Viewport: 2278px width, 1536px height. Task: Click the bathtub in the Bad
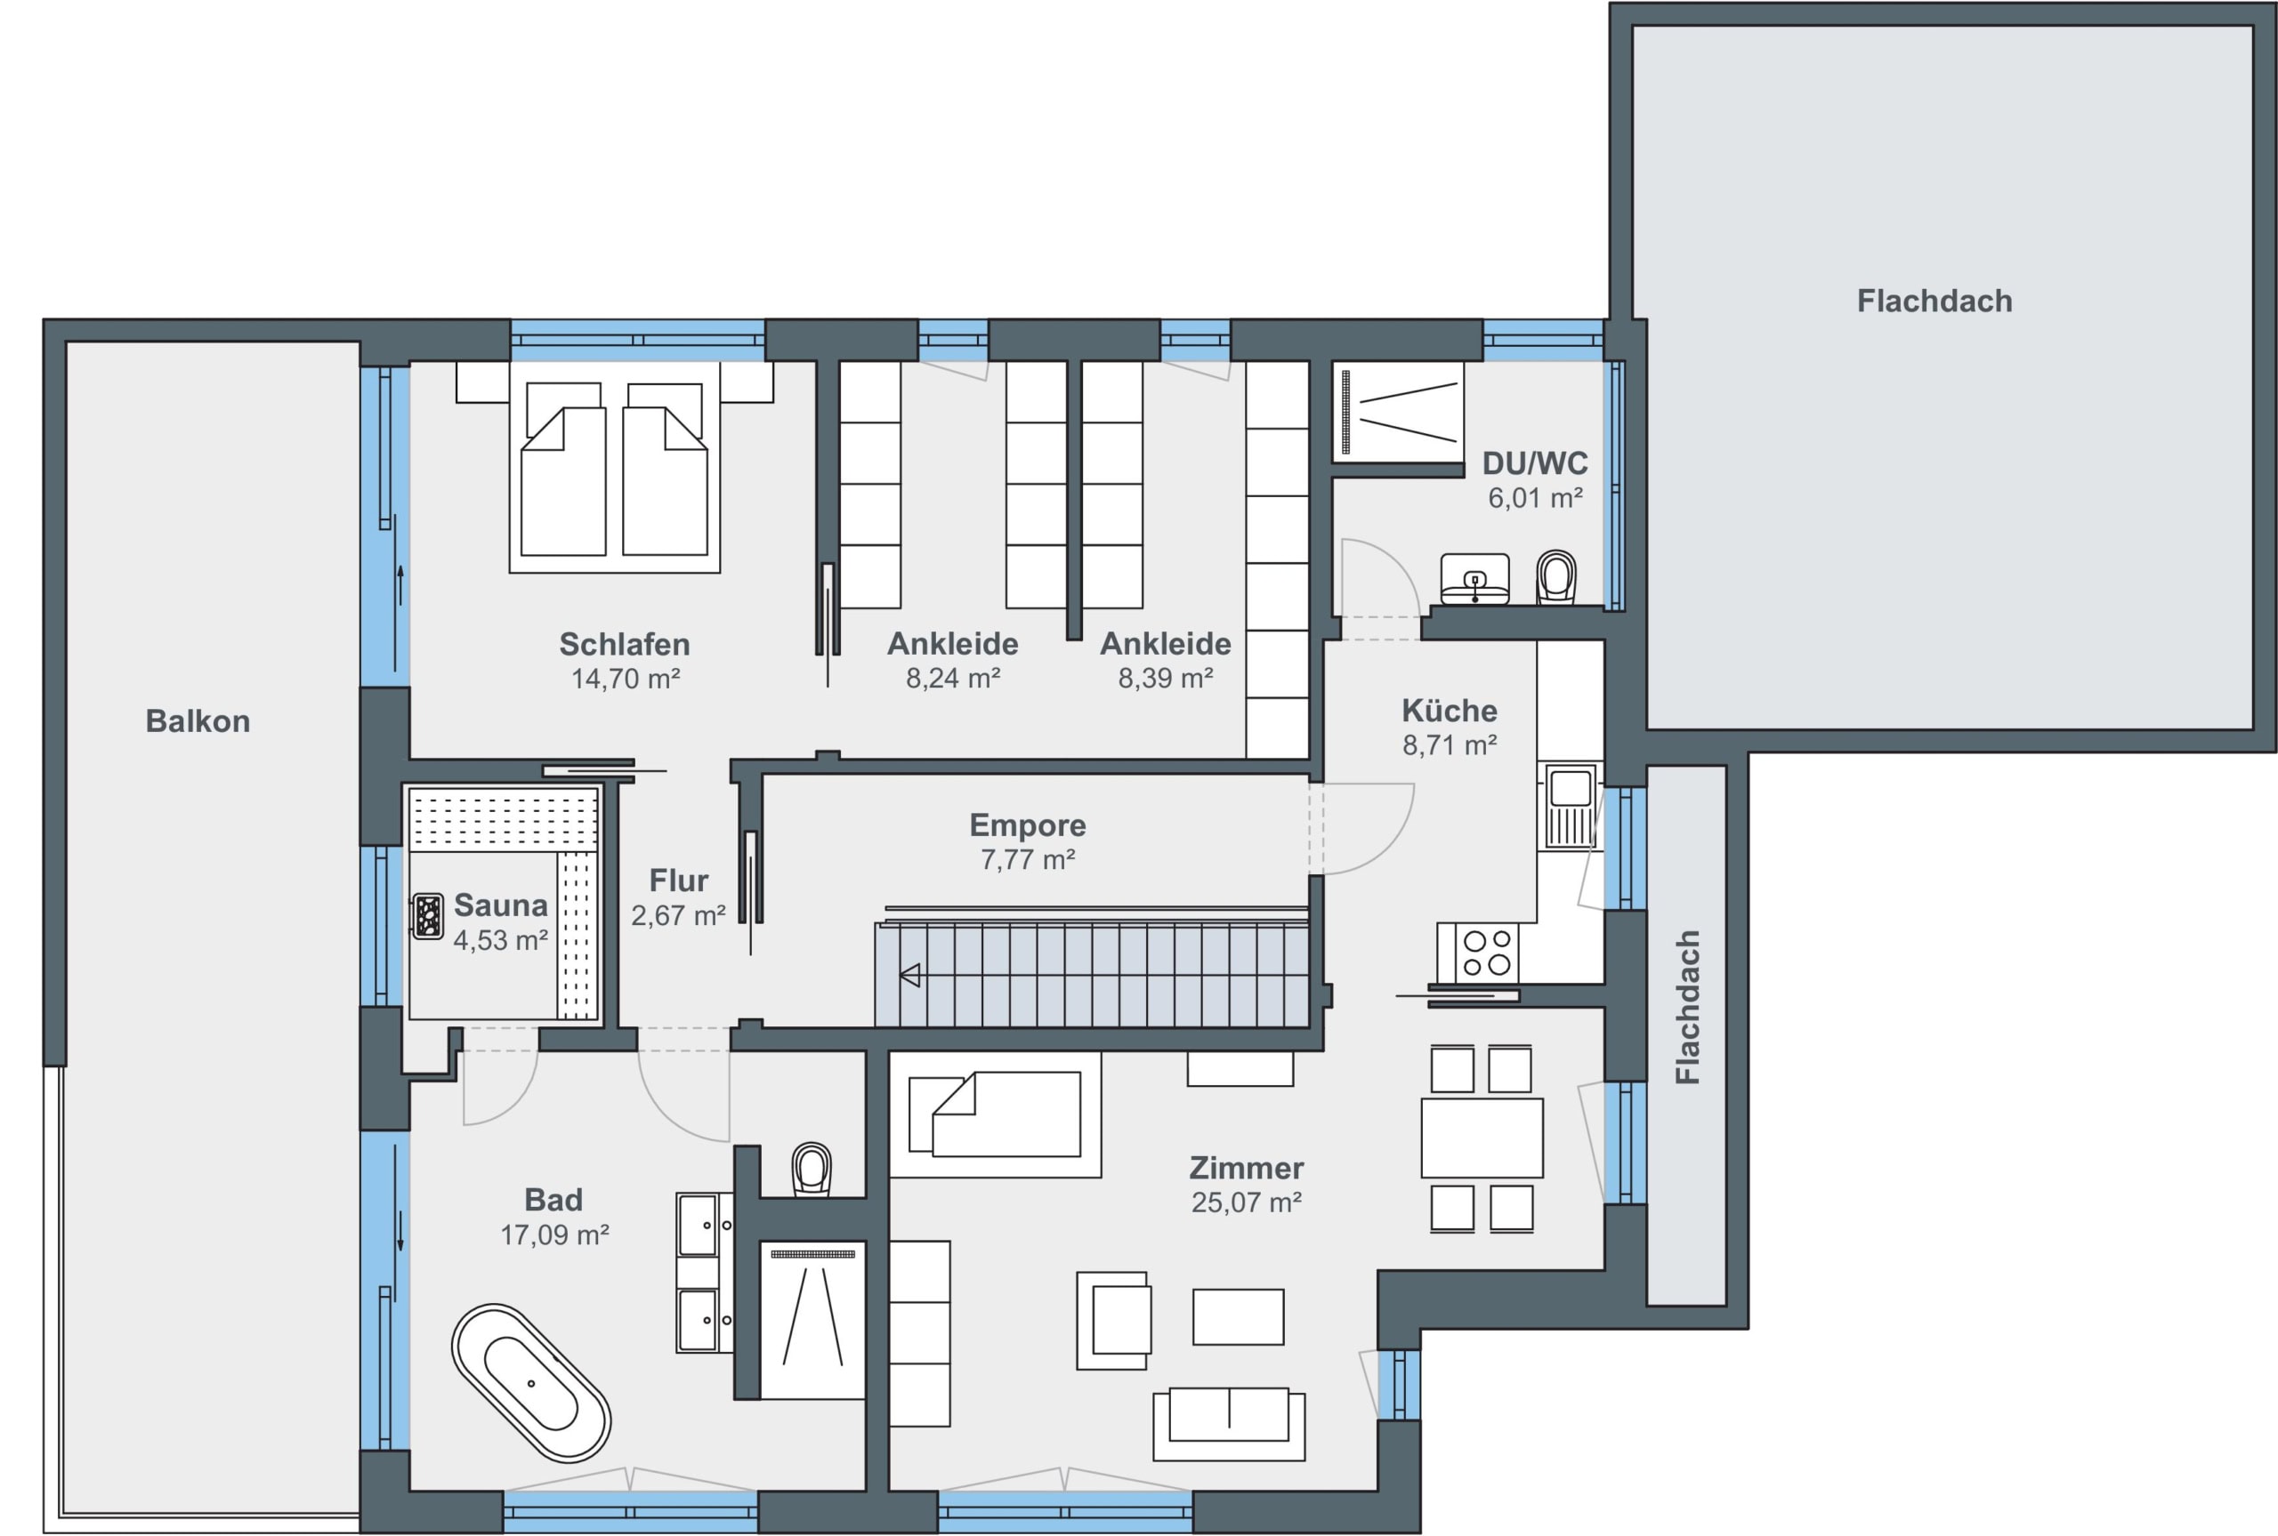(531, 1382)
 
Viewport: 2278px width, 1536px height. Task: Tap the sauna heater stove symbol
(428, 916)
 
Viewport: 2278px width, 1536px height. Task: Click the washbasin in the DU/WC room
(1474, 579)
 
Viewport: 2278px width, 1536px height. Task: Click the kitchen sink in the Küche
(1571, 806)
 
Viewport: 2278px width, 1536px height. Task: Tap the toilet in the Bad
(812, 1169)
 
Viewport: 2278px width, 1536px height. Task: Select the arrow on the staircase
(910, 975)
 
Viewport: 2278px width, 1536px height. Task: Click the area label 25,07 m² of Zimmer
(1247, 1202)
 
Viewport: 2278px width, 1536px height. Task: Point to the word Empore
(1028, 824)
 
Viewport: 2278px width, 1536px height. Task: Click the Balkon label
(198, 721)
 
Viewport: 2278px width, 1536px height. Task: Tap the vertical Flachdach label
(1687, 1007)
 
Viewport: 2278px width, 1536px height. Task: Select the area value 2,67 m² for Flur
(678, 915)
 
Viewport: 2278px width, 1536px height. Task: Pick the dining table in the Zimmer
(1482, 1138)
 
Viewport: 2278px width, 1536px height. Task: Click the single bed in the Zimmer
(996, 1114)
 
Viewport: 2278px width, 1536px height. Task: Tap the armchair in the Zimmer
(1112, 1321)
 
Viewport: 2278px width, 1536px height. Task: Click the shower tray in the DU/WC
(1398, 413)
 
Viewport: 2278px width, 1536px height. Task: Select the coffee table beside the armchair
(1239, 1316)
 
